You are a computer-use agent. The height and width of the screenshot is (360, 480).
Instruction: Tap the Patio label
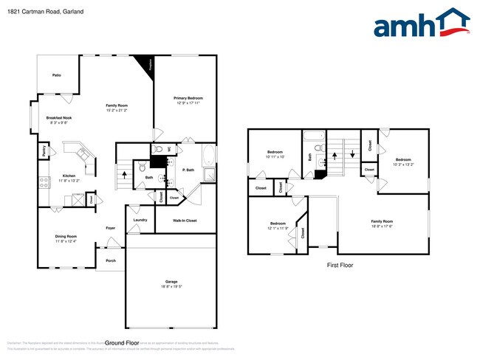click(56, 75)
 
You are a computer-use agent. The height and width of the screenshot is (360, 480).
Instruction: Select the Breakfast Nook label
click(59, 118)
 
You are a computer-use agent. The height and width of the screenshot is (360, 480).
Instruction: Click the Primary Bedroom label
click(188, 98)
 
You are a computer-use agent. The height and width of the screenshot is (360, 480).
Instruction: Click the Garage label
click(171, 282)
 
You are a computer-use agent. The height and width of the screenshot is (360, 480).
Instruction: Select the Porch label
click(111, 260)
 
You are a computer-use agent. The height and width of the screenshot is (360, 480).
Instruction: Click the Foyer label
click(111, 228)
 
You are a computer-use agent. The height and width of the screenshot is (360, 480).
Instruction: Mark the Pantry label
click(44, 150)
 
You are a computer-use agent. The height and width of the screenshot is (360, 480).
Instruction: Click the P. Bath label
click(188, 170)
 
